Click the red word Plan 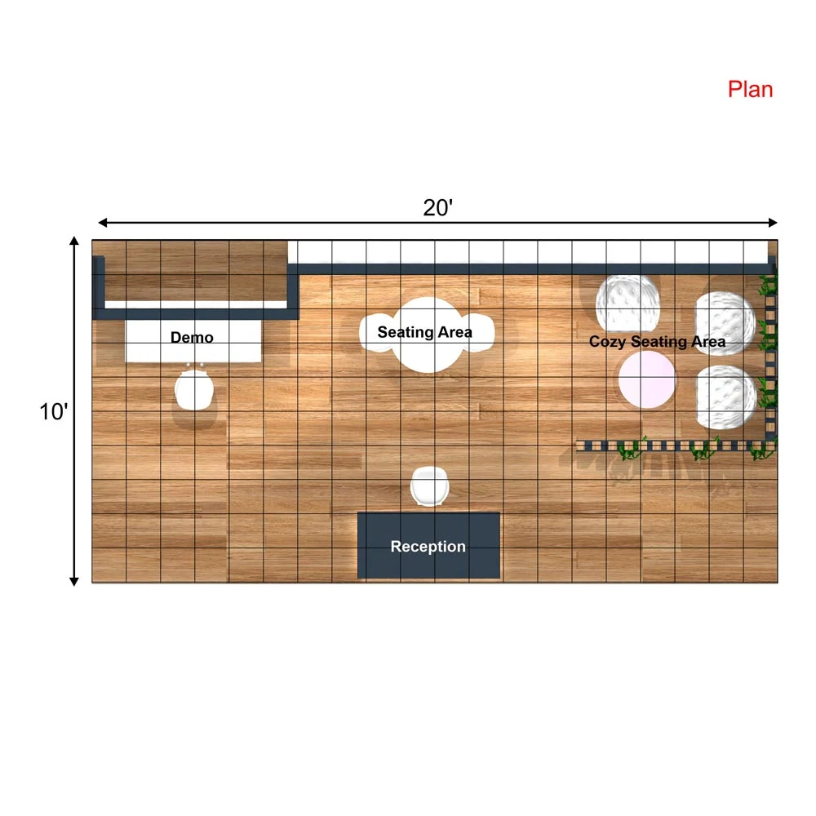[750, 90]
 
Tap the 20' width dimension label [437, 207]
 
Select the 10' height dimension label [54, 411]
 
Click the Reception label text [428, 547]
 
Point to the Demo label [192, 337]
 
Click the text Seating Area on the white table [424, 332]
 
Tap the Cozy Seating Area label [657, 342]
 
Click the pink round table [647, 379]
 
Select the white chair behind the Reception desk [429, 486]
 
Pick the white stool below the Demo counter [193, 390]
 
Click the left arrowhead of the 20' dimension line [103, 223]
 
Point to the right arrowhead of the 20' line [773, 223]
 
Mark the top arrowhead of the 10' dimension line [74, 241]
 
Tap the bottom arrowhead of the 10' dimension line [74, 581]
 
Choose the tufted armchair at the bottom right [725, 397]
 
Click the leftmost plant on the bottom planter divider [632, 449]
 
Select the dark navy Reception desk [429, 545]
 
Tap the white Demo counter [193, 341]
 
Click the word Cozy [607, 342]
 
